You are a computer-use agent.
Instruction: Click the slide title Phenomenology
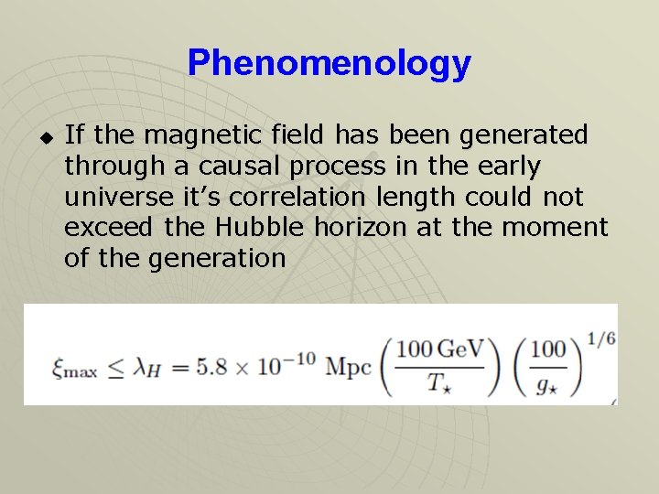tap(329, 63)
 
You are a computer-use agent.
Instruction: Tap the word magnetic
tap(202, 135)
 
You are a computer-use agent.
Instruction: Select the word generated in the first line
tap(524, 135)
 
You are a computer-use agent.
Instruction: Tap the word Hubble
tap(270, 227)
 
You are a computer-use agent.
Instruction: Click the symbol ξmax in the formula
tap(73, 368)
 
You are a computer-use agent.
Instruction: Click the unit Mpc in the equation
tap(349, 365)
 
